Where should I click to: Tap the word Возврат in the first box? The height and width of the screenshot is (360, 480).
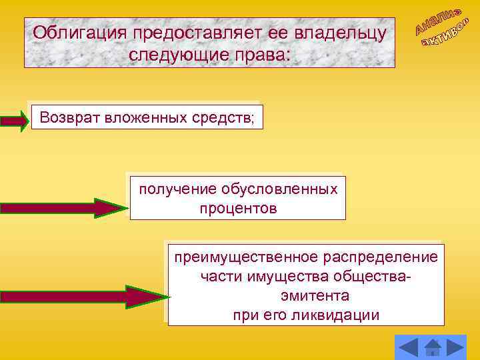[67, 118]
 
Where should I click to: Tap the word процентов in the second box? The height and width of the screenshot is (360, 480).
[237, 209]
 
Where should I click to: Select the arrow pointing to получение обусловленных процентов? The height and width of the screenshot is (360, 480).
[63, 208]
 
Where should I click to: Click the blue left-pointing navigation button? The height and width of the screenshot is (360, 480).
[408, 347]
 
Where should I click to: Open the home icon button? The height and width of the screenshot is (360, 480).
[433, 347]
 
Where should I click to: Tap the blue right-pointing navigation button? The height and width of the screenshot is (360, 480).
[456, 347]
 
